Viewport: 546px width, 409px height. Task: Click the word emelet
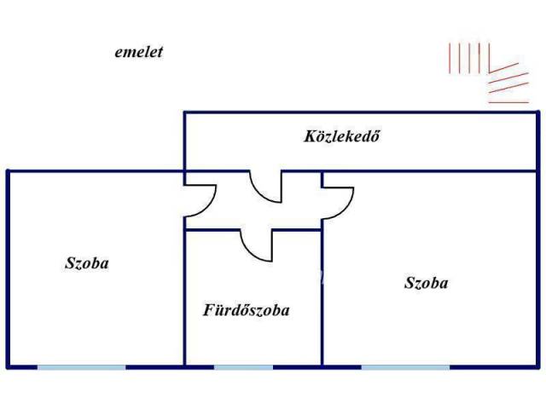tap(138, 52)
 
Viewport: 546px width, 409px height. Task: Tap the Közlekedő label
tap(341, 135)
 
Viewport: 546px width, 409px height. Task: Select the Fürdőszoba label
tap(246, 310)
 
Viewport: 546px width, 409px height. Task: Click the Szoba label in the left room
tap(87, 263)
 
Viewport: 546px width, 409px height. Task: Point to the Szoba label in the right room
tap(426, 283)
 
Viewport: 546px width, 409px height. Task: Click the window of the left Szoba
tap(81, 366)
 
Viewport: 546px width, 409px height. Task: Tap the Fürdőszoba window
tap(243, 366)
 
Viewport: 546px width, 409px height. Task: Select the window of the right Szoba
tap(405, 366)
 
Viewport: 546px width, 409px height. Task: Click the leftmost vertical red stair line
tap(450, 57)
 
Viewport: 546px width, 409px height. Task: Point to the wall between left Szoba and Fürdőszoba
tap(185, 298)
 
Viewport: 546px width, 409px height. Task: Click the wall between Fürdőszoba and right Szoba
tap(322, 298)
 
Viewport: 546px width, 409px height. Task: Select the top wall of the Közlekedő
tap(358, 112)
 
